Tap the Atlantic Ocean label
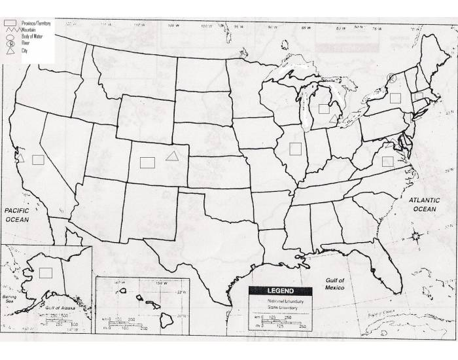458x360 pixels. click(423, 204)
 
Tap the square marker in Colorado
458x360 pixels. click(147, 161)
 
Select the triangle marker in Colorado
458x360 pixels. click(172, 156)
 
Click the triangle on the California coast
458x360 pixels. click(20, 158)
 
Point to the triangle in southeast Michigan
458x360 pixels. click(334, 118)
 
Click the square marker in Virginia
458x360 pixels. click(387, 161)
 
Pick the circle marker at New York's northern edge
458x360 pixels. click(391, 78)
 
